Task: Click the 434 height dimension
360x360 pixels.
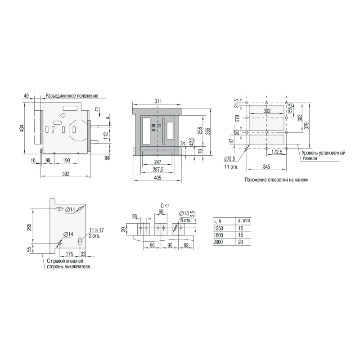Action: (22, 128)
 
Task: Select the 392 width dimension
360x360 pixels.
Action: (66, 174)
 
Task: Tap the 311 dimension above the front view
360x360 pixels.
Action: (158, 101)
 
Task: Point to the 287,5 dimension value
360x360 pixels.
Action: (158, 170)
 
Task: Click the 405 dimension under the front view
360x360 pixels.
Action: (158, 178)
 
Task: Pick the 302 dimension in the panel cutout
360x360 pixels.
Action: (267, 111)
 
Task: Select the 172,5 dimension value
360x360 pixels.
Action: (277, 152)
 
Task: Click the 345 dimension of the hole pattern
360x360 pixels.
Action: (266, 166)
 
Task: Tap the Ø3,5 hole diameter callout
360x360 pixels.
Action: (230, 159)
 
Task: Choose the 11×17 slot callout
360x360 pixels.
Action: (96, 230)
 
